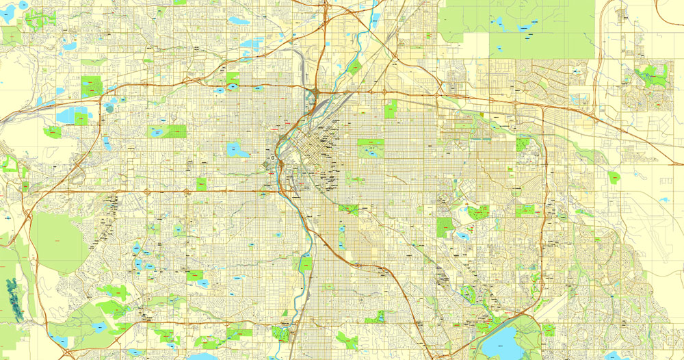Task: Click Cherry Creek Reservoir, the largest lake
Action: pos(504,340)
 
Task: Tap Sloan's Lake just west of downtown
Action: pos(237,149)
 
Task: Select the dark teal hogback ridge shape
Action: pos(13,301)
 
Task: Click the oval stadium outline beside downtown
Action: pos(273,158)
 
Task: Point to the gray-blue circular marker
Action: pos(110,107)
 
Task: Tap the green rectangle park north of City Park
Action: pos(391,109)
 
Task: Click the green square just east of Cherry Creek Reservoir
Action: pos(548,331)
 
